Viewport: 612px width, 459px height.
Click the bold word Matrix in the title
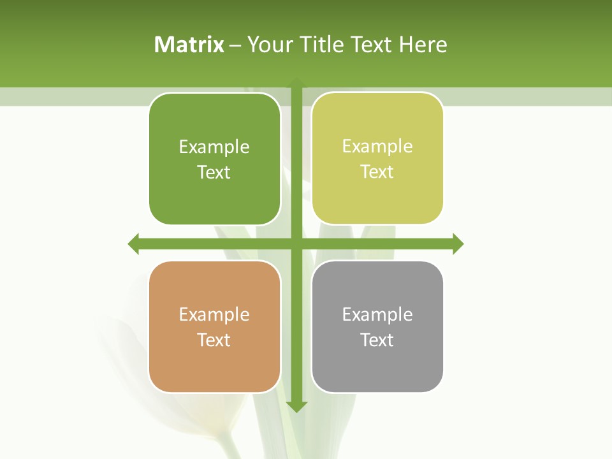point(189,45)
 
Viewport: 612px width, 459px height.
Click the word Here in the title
point(423,45)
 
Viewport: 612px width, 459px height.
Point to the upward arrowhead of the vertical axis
point(296,83)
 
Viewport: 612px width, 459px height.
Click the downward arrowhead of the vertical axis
point(296,407)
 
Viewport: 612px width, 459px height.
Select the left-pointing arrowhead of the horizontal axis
point(134,244)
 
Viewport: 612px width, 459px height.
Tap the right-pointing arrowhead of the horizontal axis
point(458,244)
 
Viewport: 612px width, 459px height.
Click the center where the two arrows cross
point(296,244)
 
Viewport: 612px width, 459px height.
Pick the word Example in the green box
point(214,147)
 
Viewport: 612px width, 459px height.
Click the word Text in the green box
point(214,172)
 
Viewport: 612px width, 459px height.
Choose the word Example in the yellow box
point(377,147)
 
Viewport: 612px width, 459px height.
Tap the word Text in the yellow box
point(377,171)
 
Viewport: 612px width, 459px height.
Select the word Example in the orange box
point(214,314)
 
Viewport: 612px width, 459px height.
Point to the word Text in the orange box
point(214,340)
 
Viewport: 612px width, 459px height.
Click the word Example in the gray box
point(377,314)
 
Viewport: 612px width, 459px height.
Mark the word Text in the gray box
point(377,340)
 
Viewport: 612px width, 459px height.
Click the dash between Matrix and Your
point(236,45)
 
